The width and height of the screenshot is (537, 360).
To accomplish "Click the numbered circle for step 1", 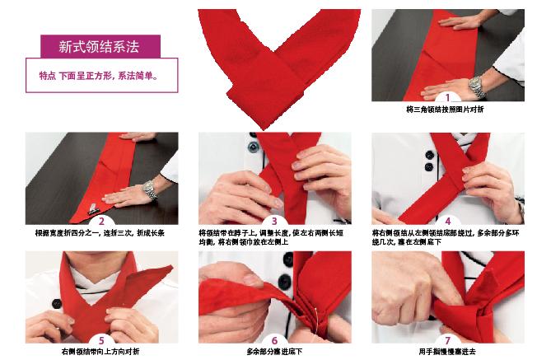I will pos(447,98).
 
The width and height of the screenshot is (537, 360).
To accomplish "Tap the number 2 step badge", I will pos(101,220).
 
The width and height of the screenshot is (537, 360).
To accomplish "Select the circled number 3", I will pos(274,220).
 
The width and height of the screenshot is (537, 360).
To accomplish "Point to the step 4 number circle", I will pos(447,220).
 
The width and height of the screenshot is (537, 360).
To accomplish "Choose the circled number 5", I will pos(101,340).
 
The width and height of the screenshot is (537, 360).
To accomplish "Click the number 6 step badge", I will pos(274,340).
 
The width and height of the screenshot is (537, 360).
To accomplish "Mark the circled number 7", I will pos(447,340).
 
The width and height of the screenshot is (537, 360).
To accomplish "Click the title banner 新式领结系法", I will pos(99,45).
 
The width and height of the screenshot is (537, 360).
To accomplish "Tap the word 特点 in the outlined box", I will pos(49,75).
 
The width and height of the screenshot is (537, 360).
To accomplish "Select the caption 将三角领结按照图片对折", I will pos(446,110).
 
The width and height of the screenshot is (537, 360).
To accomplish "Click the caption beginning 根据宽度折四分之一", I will pos(100,233).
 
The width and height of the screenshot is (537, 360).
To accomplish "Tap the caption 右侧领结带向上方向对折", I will pos(100,353).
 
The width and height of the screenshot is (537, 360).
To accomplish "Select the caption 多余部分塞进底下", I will pos(273,353).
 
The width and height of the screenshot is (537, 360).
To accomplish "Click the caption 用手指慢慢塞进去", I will pos(446,353).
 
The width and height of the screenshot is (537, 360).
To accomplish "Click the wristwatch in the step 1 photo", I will pos(477,85).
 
